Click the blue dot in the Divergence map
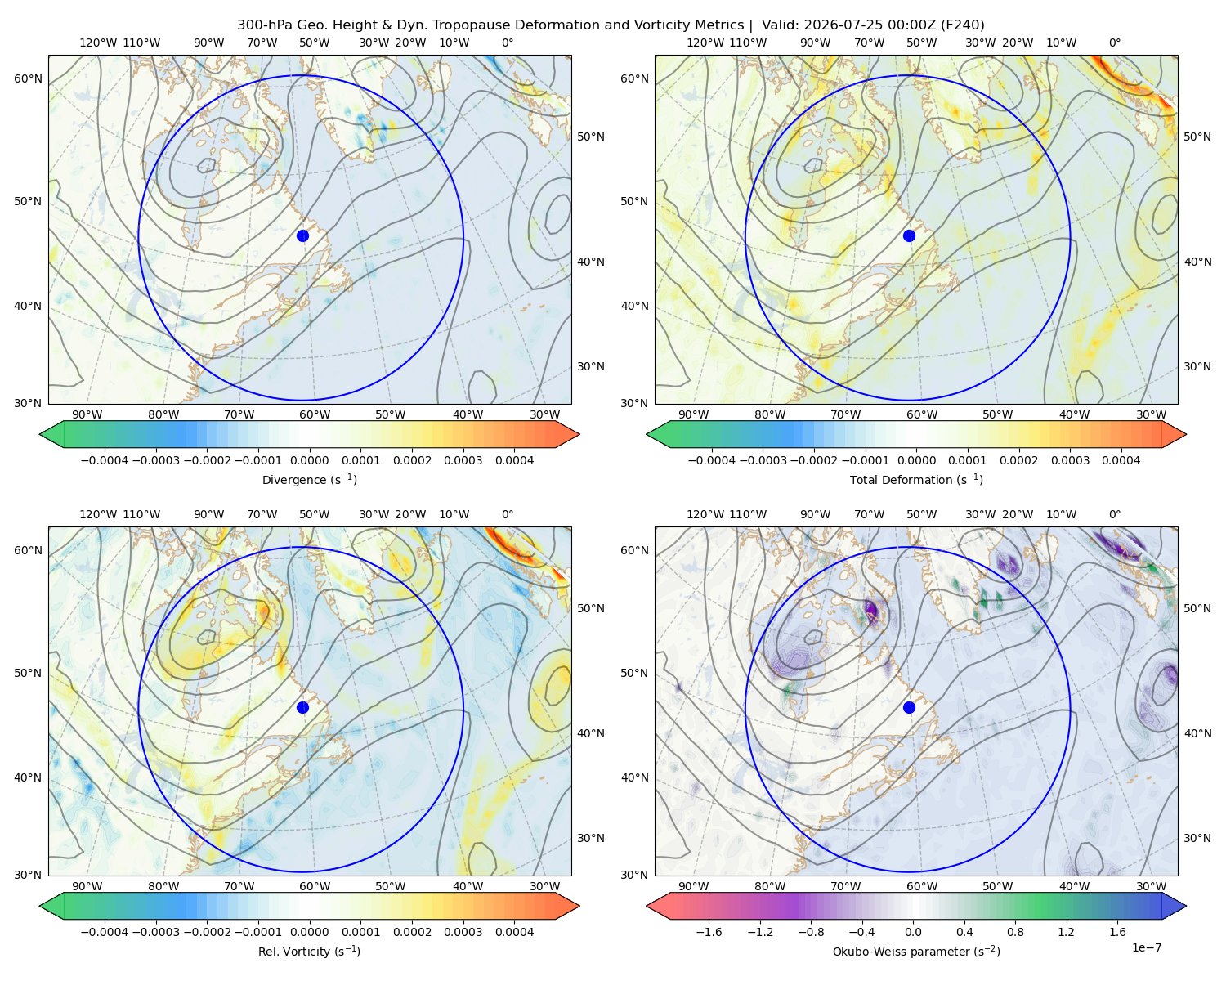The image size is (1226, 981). point(302,235)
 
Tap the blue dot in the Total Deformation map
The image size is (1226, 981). point(909,235)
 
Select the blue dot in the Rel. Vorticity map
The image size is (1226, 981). point(302,707)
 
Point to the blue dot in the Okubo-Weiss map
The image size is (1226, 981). point(909,707)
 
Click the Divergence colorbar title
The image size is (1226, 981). point(309,479)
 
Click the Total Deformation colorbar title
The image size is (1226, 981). point(916,479)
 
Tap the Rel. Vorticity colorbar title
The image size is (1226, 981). point(309,951)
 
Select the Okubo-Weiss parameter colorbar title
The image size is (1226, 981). point(916,951)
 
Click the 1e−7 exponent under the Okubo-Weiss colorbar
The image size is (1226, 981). point(1146,947)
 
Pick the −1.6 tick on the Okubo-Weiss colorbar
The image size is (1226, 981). point(709,931)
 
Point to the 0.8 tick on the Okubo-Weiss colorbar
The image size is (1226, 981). point(1015,931)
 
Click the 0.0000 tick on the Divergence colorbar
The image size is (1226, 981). point(309,460)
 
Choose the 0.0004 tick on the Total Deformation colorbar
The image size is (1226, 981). point(1121,460)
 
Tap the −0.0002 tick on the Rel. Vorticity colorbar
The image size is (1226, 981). point(207,931)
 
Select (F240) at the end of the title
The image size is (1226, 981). point(963,25)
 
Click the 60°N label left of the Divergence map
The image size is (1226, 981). point(28,78)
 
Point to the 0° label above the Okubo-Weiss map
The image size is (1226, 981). point(1114,514)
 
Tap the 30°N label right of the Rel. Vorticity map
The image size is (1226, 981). point(591,838)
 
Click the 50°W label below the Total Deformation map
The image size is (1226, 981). point(997,414)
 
